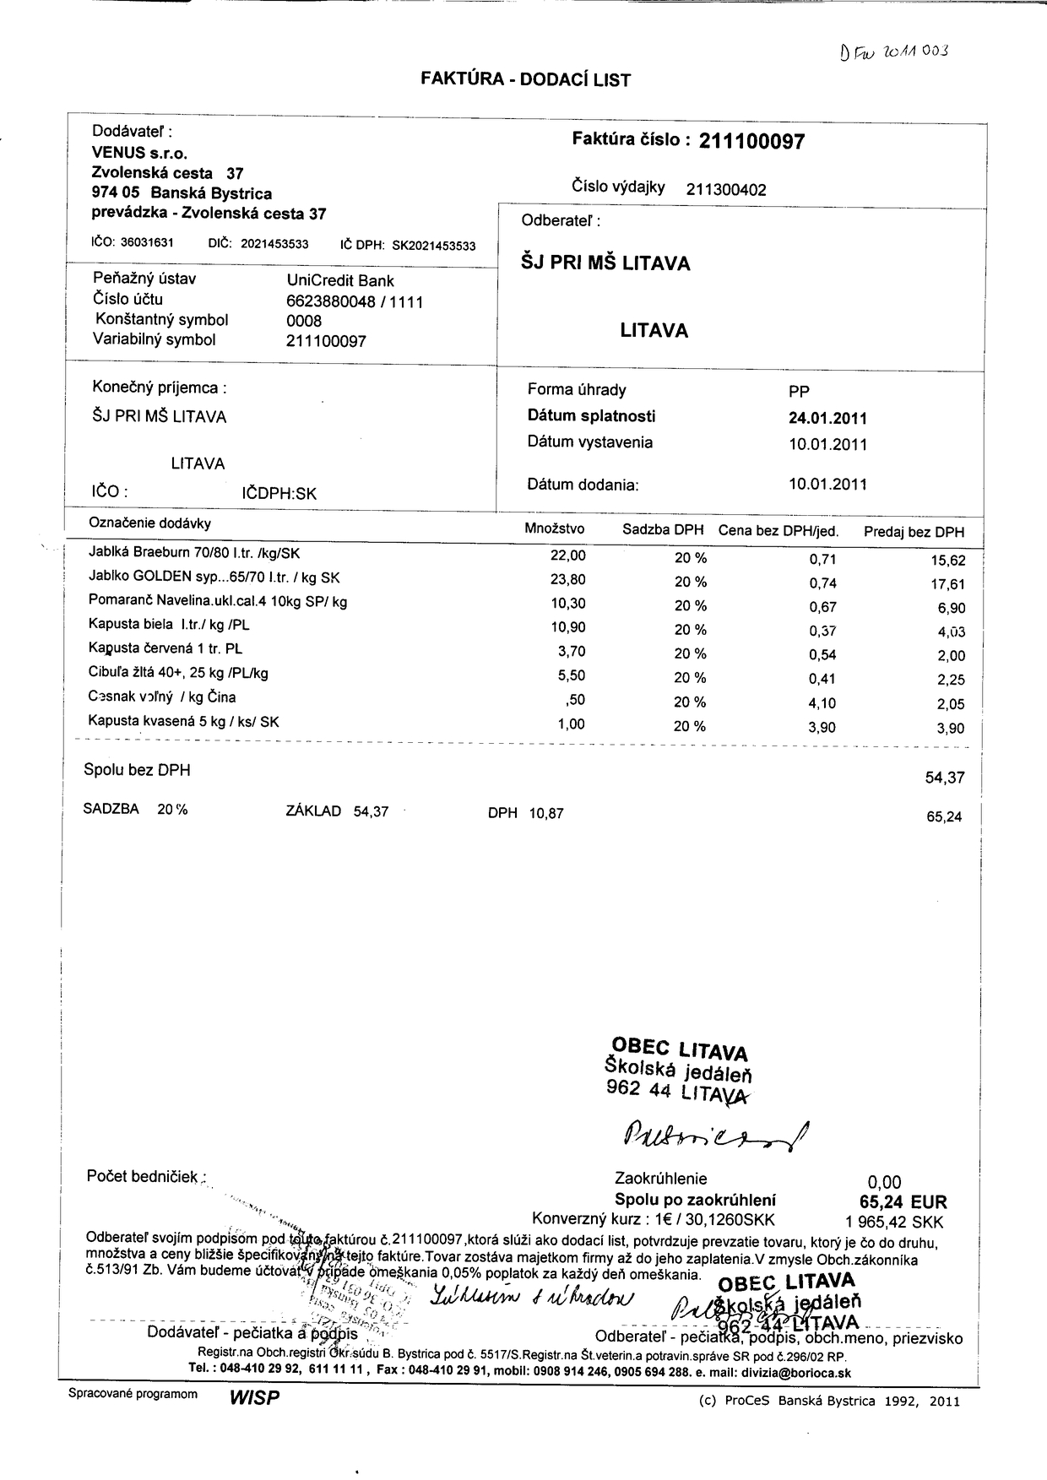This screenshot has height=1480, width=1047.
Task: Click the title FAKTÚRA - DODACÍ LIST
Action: [525, 80]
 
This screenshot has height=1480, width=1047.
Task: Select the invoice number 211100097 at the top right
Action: [751, 142]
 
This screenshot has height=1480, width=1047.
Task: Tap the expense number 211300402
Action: [726, 190]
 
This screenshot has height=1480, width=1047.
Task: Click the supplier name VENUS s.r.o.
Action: [139, 154]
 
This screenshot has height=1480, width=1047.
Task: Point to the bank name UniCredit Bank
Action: [340, 281]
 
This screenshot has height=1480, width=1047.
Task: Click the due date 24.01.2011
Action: [827, 418]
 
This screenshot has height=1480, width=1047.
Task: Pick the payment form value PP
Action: [798, 391]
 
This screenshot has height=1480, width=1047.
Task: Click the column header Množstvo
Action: [555, 529]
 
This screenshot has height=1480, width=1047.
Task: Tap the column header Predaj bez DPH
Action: [914, 532]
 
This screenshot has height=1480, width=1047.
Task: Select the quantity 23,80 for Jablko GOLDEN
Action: [567, 580]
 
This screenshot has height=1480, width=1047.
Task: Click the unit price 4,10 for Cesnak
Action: [822, 702]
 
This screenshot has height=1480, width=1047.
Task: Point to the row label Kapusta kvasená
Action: [183, 722]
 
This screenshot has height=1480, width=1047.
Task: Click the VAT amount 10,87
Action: [546, 814]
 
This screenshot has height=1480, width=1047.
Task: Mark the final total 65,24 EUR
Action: [903, 1202]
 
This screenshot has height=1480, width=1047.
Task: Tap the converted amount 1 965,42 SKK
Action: [894, 1222]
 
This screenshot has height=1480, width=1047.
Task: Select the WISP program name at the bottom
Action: [253, 1399]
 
